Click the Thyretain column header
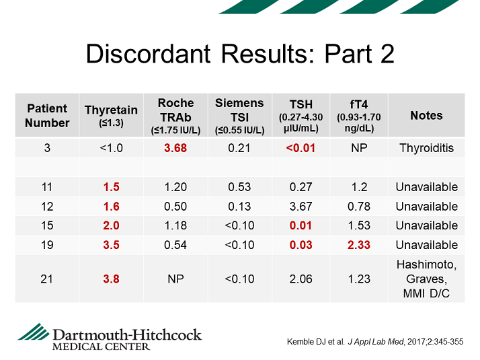(x=111, y=116)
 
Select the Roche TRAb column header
(x=175, y=116)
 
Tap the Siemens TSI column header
(x=239, y=116)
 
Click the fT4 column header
(x=359, y=116)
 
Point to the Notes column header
(x=426, y=116)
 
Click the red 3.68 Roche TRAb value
(x=175, y=148)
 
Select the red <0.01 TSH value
(x=301, y=148)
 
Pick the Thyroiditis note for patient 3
(x=426, y=148)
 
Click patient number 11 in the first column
(x=47, y=187)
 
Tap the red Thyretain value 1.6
(x=111, y=207)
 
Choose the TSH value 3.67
(x=301, y=207)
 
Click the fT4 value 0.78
(x=359, y=207)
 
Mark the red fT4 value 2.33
(x=359, y=245)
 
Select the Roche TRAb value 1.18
(x=175, y=225)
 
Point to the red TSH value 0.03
(x=301, y=245)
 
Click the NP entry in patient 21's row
(x=175, y=279)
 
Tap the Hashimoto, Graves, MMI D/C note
(x=426, y=279)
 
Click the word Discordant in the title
(x=148, y=54)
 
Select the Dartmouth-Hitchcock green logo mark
(x=34, y=332)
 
